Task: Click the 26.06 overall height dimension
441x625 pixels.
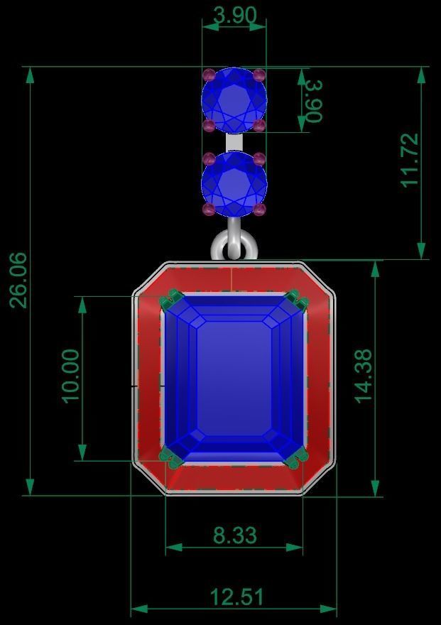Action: (x=18, y=280)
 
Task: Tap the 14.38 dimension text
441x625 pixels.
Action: (x=363, y=376)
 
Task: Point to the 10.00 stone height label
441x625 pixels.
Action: (x=72, y=376)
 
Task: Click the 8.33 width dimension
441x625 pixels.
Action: (x=234, y=535)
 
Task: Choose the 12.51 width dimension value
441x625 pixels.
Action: (x=236, y=597)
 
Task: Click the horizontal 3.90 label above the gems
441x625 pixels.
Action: (x=234, y=15)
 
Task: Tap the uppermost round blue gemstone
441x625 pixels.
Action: (x=234, y=100)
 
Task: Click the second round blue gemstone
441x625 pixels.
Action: (x=234, y=185)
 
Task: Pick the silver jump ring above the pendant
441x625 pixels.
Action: (x=233, y=245)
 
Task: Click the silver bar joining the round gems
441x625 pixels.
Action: (x=234, y=143)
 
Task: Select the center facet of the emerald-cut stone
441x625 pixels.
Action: (x=234, y=376)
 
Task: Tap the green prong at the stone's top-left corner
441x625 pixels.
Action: (x=170, y=300)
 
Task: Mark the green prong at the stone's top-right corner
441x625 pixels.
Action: (x=298, y=300)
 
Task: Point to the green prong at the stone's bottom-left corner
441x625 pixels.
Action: (x=170, y=459)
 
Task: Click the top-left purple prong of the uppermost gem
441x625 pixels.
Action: (x=209, y=75)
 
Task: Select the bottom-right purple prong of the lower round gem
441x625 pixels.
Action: (x=259, y=210)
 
